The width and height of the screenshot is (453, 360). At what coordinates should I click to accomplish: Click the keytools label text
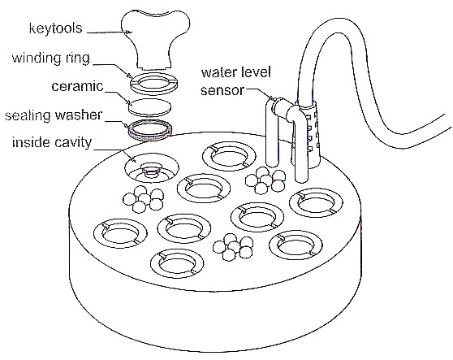(x=56, y=28)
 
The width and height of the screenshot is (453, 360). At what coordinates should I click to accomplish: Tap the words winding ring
(x=51, y=59)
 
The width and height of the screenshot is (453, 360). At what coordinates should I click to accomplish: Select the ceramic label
(x=77, y=86)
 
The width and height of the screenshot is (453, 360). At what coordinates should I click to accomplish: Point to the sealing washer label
(x=54, y=115)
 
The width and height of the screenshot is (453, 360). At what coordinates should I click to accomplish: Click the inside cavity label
(x=52, y=142)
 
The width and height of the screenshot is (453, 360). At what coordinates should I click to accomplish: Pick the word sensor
(x=222, y=90)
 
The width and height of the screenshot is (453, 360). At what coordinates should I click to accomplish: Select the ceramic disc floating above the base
(x=149, y=107)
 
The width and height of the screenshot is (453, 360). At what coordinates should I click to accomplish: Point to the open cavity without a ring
(x=152, y=168)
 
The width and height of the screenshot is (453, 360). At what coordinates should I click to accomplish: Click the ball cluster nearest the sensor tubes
(x=265, y=180)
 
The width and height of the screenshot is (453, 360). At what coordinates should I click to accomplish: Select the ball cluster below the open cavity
(x=144, y=199)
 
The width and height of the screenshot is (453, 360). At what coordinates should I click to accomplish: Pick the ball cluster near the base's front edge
(x=233, y=247)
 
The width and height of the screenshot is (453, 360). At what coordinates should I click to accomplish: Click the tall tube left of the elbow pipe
(x=272, y=133)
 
